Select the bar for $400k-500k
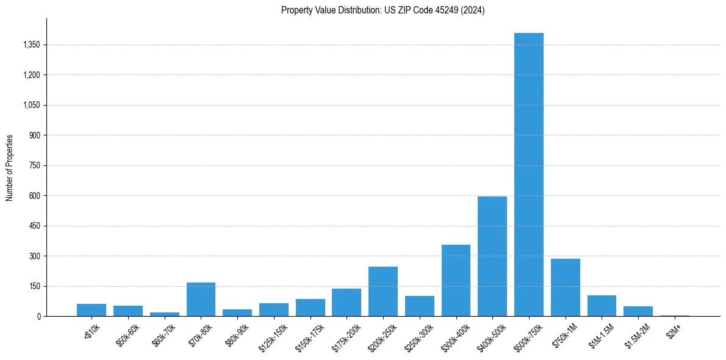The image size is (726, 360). coord(492,256)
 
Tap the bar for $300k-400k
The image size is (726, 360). coord(456,281)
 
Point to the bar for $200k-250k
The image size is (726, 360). coord(383,292)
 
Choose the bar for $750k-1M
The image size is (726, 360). coord(565,287)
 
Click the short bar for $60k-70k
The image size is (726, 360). coord(164,314)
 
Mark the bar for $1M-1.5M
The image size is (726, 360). coord(602,306)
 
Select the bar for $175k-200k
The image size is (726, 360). coord(347,303)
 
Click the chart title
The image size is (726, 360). coord(383,10)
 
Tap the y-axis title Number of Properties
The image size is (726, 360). coord(10,167)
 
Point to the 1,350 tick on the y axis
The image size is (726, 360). coord(31,45)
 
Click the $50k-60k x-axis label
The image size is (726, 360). coord(128,335)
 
